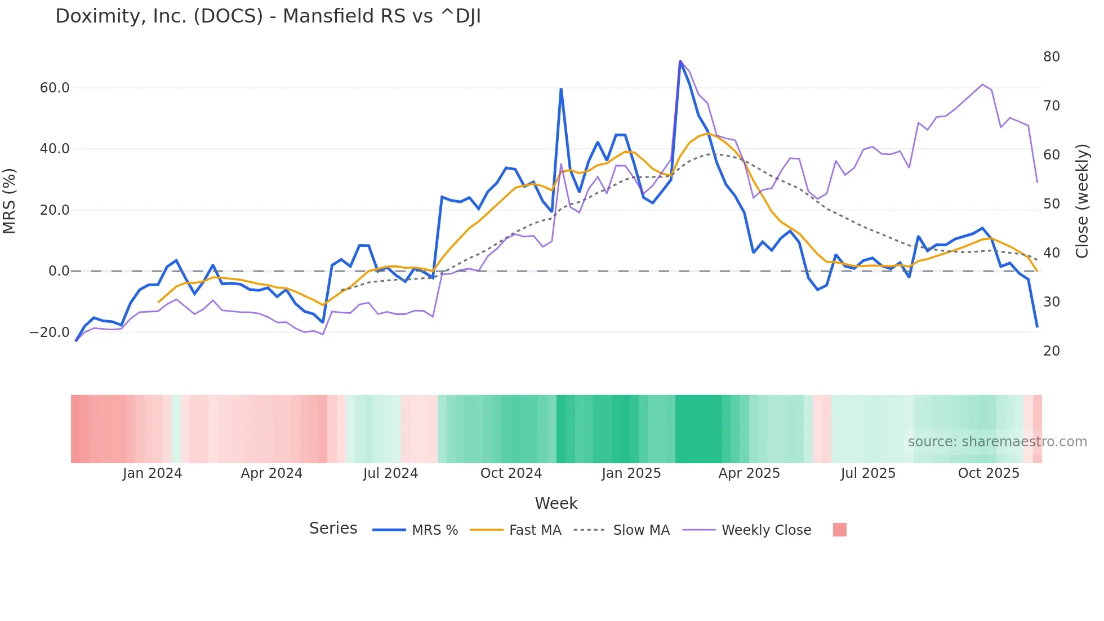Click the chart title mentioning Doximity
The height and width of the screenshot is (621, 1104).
[x=268, y=16]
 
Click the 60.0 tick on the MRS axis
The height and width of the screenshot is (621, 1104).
[x=55, y=88]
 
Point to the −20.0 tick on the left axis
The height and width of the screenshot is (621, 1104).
[x=50, y=332]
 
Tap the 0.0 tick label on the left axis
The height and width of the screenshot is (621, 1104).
[x=59, y=271]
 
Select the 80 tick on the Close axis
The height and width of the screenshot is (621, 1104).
[x=1051, y=57]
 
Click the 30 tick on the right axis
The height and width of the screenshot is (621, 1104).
[x=1051, y=302]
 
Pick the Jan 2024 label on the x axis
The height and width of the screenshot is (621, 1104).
[x=152, y=473]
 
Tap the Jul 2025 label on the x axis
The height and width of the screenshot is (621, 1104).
[x=868, y=473]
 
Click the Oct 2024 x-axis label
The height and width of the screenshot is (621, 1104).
[x=511, y=473]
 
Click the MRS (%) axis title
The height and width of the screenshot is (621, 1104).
[x=10, y=201]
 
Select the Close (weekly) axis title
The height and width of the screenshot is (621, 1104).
[x=1082, y=201]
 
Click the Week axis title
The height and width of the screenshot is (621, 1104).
[x=556, y=503]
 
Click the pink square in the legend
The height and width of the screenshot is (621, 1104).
[x=839, y=530]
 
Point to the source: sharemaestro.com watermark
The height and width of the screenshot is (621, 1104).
[x=997, y=442]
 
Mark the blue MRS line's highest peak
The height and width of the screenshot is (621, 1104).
[x=680, y=61]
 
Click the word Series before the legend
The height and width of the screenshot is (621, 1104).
[x=333, y=529]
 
